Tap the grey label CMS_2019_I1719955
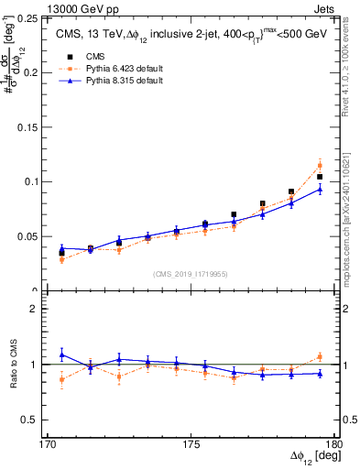(191, 272)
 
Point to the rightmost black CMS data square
(320, 177)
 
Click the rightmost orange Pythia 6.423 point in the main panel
(320, 166)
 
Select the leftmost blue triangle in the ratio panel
(61, 354)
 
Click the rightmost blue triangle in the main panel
(320, 190)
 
